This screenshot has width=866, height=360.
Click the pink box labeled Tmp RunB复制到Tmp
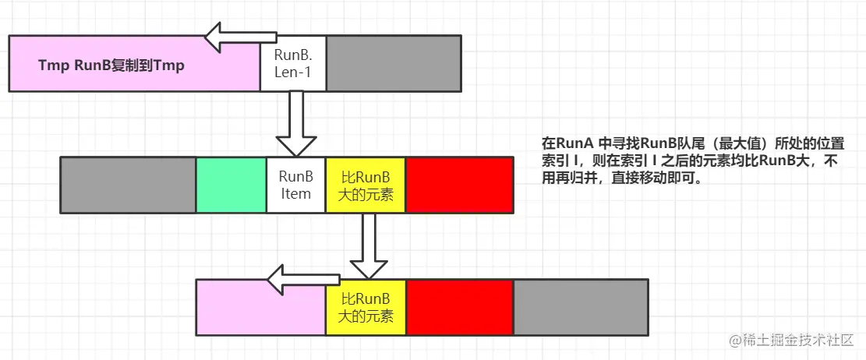click(134, 63)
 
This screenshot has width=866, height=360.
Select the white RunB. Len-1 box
click(292, 63)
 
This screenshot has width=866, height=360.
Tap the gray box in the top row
click(394, 63)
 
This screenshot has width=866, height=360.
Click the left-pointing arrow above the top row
click(242, 34)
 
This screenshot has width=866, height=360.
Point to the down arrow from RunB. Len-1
click(294, 125)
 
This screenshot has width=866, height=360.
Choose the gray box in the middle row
click(128, 185)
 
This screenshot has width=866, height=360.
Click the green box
click(231, 185)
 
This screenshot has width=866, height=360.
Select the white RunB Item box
click(295, 185)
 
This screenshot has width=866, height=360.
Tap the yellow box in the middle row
click(366, 185)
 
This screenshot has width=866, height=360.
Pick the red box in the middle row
click(459, 185)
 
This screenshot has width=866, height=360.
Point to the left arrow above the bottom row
click(299, 279)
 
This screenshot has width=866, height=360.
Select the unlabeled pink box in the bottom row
click(260, 307)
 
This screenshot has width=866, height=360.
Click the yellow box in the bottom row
click(366, 307)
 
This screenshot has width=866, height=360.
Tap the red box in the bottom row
click(459, 307)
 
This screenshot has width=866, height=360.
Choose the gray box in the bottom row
click(580, 307)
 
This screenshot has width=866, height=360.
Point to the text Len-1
click(292, 73)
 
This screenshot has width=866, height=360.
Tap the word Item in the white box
click(295, 194)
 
